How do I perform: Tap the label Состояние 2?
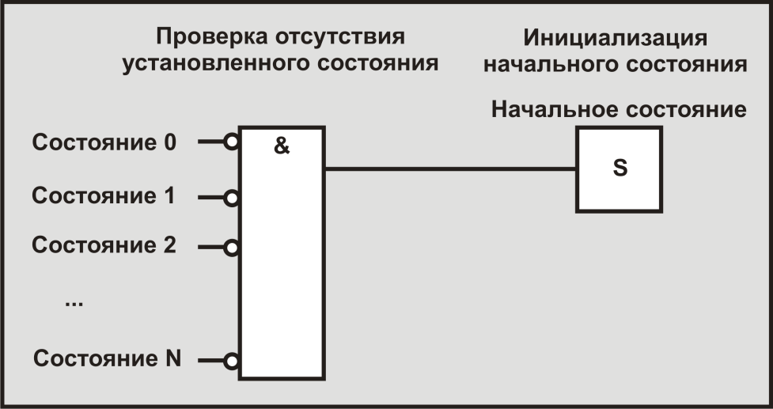tap(104, 244)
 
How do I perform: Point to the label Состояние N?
tap(108, 358)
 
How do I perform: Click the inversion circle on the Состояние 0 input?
tap(231, 143)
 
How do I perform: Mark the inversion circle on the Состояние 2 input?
tap(231, 248)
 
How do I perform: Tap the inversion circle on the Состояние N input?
tap(231, 362)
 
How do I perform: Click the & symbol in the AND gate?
tap(282, 146)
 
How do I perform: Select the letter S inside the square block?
tap(620, 169)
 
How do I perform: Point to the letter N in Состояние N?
tap(173, 358)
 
